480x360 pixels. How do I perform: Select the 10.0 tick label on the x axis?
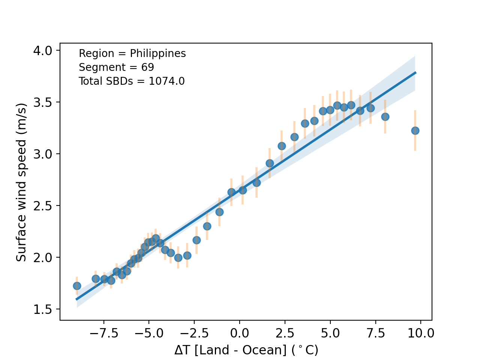tap(420, 333)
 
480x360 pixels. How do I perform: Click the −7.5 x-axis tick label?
tap(100, 333)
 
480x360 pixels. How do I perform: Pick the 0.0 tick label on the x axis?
tap(239, 333)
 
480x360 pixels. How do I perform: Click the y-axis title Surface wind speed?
tap(21, 182)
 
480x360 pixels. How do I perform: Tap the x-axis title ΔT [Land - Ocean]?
tap(246, 350)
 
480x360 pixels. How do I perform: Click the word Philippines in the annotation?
tap(158, 54)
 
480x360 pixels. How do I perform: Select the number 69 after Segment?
tap(148, 67)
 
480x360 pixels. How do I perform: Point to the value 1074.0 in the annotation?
tap(166, 81)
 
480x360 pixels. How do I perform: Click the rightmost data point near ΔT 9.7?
tap(415, 130)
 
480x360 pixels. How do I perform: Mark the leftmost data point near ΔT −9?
tap(77, 286)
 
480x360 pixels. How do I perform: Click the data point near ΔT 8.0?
tap(385, 117)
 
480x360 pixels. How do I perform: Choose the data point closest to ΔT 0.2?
tap(243, 190)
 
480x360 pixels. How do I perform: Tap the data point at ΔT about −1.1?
tap(219, 212)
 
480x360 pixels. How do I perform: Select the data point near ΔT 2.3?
tap(282, 146)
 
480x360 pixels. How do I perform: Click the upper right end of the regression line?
tap(415, 72)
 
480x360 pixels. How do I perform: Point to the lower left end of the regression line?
tap(76, 299)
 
